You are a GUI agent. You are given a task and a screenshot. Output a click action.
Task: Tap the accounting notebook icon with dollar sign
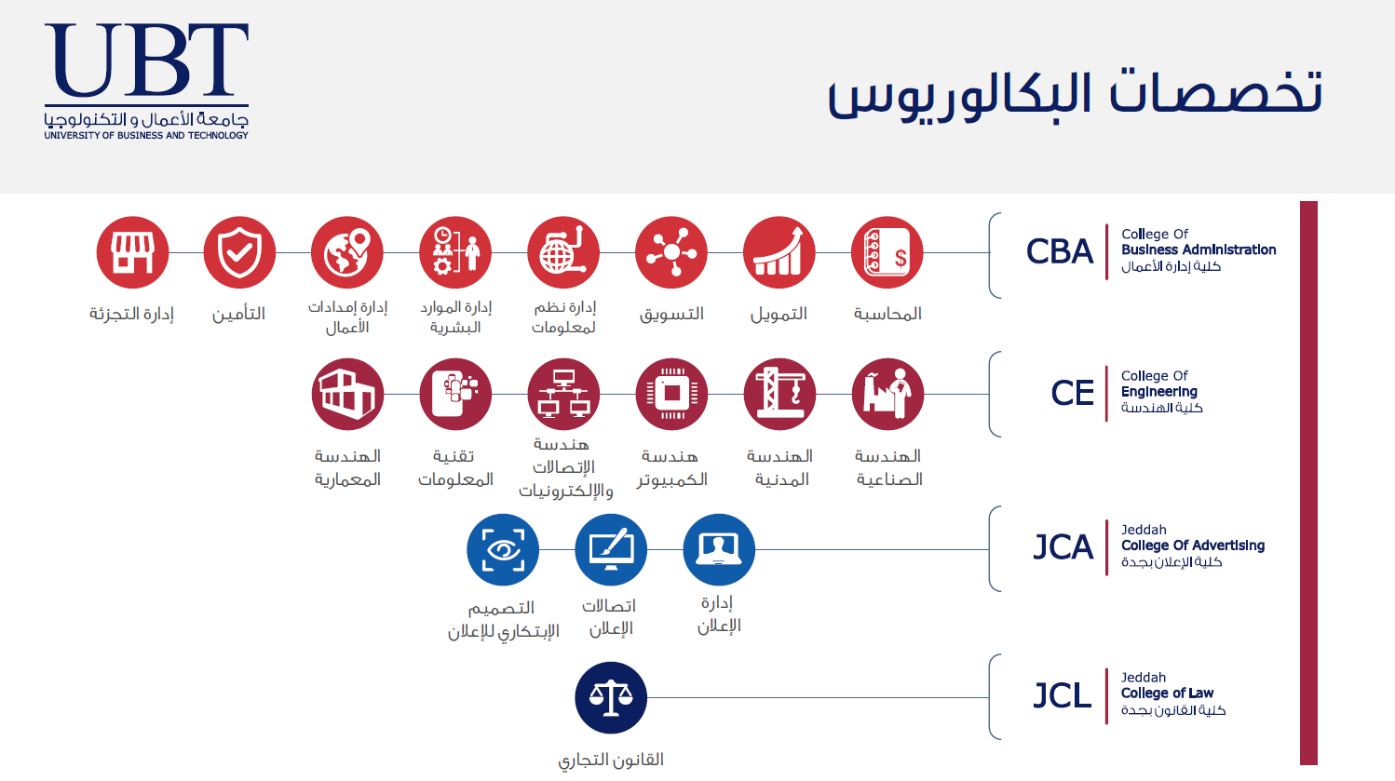(887, 252)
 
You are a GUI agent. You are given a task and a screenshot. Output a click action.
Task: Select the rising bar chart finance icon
(779, 252)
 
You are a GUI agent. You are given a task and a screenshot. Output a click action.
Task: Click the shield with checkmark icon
(239, 252)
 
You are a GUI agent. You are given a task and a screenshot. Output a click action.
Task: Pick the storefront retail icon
(132, 252)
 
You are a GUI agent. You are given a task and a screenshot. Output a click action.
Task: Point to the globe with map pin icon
(347, 252)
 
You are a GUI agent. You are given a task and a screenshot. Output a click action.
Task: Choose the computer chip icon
(671, 394)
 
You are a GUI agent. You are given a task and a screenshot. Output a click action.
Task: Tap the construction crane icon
(779, 394)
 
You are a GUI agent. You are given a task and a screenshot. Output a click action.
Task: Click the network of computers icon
(563, 394)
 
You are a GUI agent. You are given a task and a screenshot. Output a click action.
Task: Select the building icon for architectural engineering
(347, 394)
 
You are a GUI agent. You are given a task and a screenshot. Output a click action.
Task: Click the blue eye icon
(503, 549)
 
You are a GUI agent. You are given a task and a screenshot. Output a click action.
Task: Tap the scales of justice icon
(611, 697)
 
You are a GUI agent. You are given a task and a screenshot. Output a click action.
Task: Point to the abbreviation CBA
(1060, 252)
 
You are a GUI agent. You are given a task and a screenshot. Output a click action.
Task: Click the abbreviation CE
(1073, 394)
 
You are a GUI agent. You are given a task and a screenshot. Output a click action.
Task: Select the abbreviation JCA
(1063, 547)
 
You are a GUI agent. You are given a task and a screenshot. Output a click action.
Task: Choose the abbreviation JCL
(1062, 695)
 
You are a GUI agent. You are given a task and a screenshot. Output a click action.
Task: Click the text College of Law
(1167, 693)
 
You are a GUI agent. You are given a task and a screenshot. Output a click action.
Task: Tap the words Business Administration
(1199, 249)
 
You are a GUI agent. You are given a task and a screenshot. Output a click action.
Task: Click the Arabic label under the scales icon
(611, 761)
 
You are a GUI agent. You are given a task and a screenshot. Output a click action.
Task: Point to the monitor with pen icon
(611, 549)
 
